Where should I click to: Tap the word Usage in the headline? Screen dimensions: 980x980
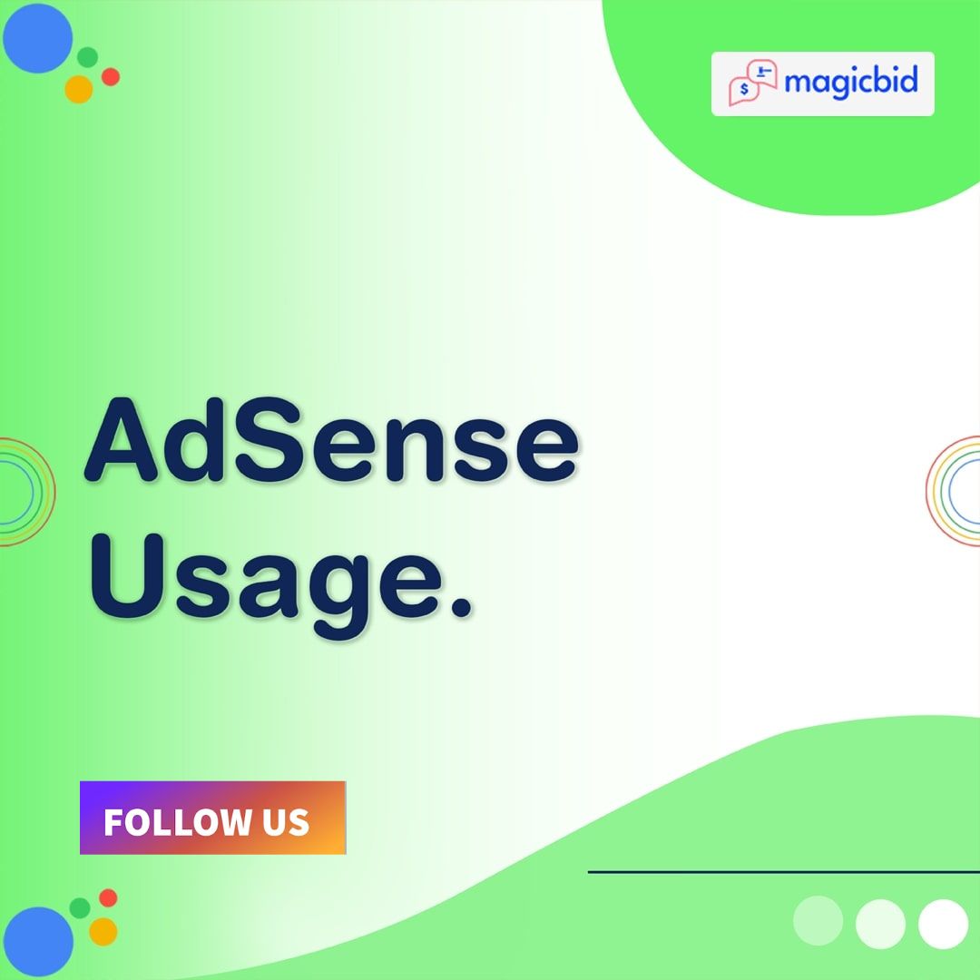coord(263,580)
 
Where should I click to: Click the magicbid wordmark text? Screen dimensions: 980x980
coord(851,83)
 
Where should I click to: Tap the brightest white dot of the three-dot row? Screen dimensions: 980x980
coord(943,924)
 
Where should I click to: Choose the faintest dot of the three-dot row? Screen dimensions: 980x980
coord(818,921)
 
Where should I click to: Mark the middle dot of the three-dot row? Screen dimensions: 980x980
coord(880,924)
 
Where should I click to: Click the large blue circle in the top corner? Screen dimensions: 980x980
coord(36,38)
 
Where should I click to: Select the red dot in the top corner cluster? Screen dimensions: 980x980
coord(111,77)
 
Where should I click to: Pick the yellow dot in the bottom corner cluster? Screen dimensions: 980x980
coord(103,931)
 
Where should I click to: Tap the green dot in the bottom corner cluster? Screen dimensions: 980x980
coord(80,907)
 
